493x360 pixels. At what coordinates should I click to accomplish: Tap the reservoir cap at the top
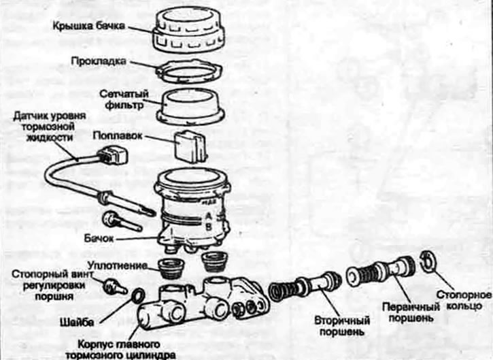[190, 31]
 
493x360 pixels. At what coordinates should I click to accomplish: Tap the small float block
[188, 144]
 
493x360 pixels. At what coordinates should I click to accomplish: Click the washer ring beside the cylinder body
[136, 296]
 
